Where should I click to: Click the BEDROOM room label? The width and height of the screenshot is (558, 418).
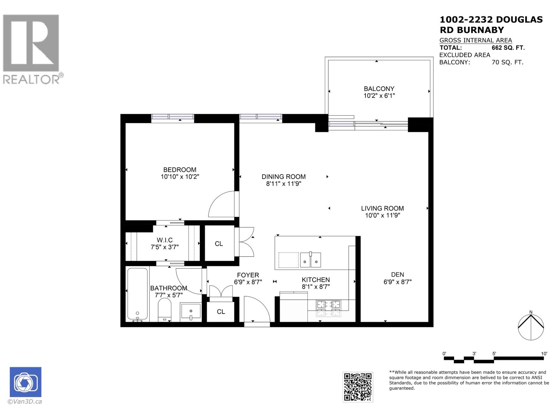(x=180, y=170)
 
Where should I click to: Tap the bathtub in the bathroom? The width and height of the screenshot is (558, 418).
(x=137, y=294)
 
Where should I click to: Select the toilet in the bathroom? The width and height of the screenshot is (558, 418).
(x=165, y=310)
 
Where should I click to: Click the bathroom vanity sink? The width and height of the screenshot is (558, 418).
(x=191, y=311)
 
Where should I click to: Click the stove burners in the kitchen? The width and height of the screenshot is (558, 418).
(x=329, y=308)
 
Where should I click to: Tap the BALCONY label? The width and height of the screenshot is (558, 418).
(x=379, y=89)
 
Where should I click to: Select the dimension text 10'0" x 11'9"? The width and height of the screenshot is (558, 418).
(x=382, y=215)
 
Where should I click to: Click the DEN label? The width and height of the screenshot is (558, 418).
(x=398, y=275)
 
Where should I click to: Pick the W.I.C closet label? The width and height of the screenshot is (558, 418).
(x=165, y=240)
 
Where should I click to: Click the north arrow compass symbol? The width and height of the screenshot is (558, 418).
(x=531, y=327)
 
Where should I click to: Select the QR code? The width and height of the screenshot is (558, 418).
(x=358, y=387)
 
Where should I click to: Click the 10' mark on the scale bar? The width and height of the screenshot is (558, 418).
(x=544, y=354)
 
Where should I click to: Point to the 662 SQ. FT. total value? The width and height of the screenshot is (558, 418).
(x=508, y=48)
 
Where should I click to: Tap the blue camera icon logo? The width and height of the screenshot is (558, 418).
(x=25, y=382)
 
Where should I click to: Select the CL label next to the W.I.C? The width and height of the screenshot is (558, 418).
(x=219, y=244)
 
